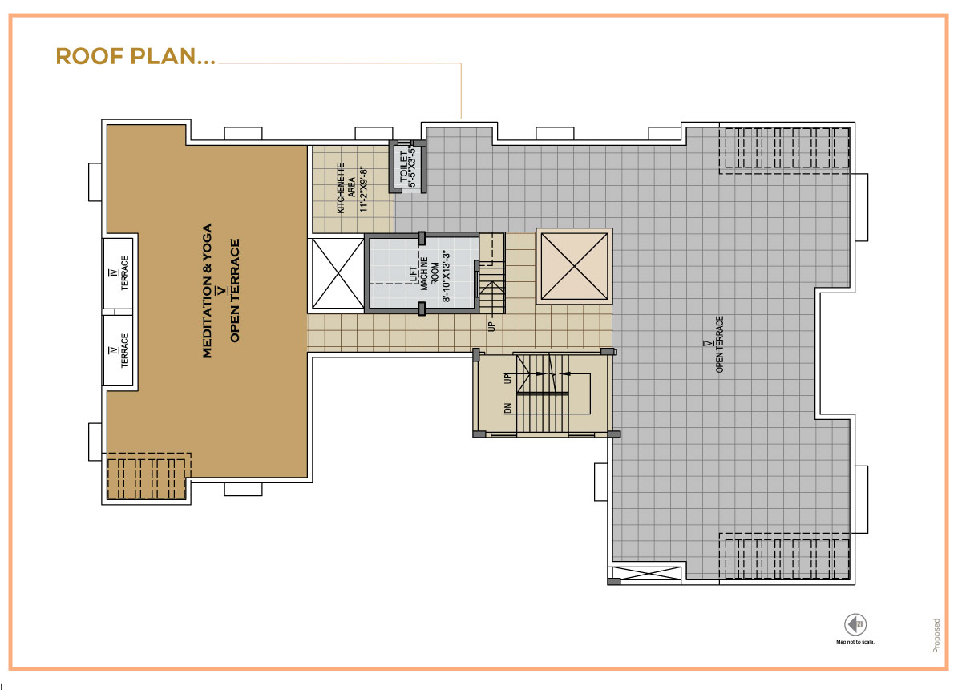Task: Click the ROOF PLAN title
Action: [135, 57]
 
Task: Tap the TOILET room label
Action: [404, 167]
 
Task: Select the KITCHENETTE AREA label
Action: [346, 188]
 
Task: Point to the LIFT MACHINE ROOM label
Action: [424, 273]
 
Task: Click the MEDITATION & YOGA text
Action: [207, 291]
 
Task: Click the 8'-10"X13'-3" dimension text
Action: [447, 277]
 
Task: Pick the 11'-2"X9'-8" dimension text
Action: [364, 190]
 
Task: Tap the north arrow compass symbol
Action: [855, 624]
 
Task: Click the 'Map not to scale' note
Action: [855, 642]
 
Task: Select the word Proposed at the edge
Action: [936, 636]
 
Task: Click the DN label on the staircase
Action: [508, 409]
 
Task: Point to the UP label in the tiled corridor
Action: [491, 326]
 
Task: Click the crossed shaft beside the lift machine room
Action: [338, 273]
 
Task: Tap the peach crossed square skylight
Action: [574, 266]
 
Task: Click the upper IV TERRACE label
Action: [119, 273]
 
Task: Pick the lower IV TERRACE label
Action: [119, 350]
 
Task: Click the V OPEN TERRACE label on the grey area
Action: [715, 344]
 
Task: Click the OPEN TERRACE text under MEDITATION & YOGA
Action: [234, 291]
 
